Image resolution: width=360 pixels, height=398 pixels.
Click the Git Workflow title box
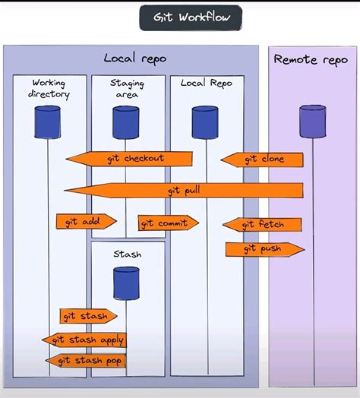pos(190,18)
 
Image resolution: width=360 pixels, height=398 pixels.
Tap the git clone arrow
pos(263,160)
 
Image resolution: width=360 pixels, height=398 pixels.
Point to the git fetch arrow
pos(263,224)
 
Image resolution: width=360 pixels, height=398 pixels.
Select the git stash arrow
pos(88,316)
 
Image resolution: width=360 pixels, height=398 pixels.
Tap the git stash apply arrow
pos(84,340)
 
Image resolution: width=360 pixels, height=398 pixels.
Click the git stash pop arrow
pos(85,360)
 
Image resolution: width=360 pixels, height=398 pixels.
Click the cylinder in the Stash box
pos(126,282)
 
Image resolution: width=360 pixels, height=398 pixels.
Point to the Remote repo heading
pos(311,59)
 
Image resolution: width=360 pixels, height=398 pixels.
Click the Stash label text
pos(127,254)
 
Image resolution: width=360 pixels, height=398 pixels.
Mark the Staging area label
pos(128,88)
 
